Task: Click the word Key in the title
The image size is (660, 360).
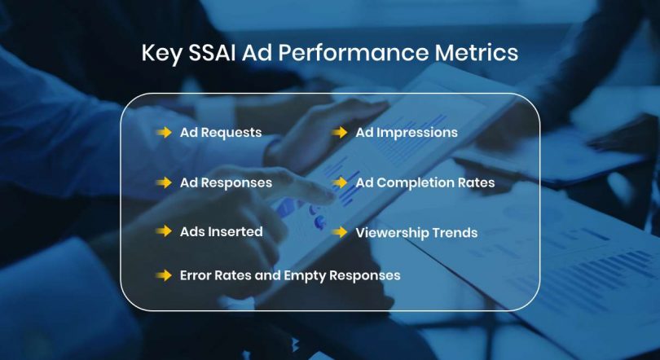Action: (160, 54)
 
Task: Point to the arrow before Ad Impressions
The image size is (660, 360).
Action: (340, 132)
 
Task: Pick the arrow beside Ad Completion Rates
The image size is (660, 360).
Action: (340, 182)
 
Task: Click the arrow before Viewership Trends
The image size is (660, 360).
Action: (340, 232)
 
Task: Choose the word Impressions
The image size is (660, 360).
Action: (416, 132)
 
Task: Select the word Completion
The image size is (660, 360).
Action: (415, 183)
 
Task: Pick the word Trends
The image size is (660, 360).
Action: (456, 233)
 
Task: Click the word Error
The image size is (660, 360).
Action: (196, 275)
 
